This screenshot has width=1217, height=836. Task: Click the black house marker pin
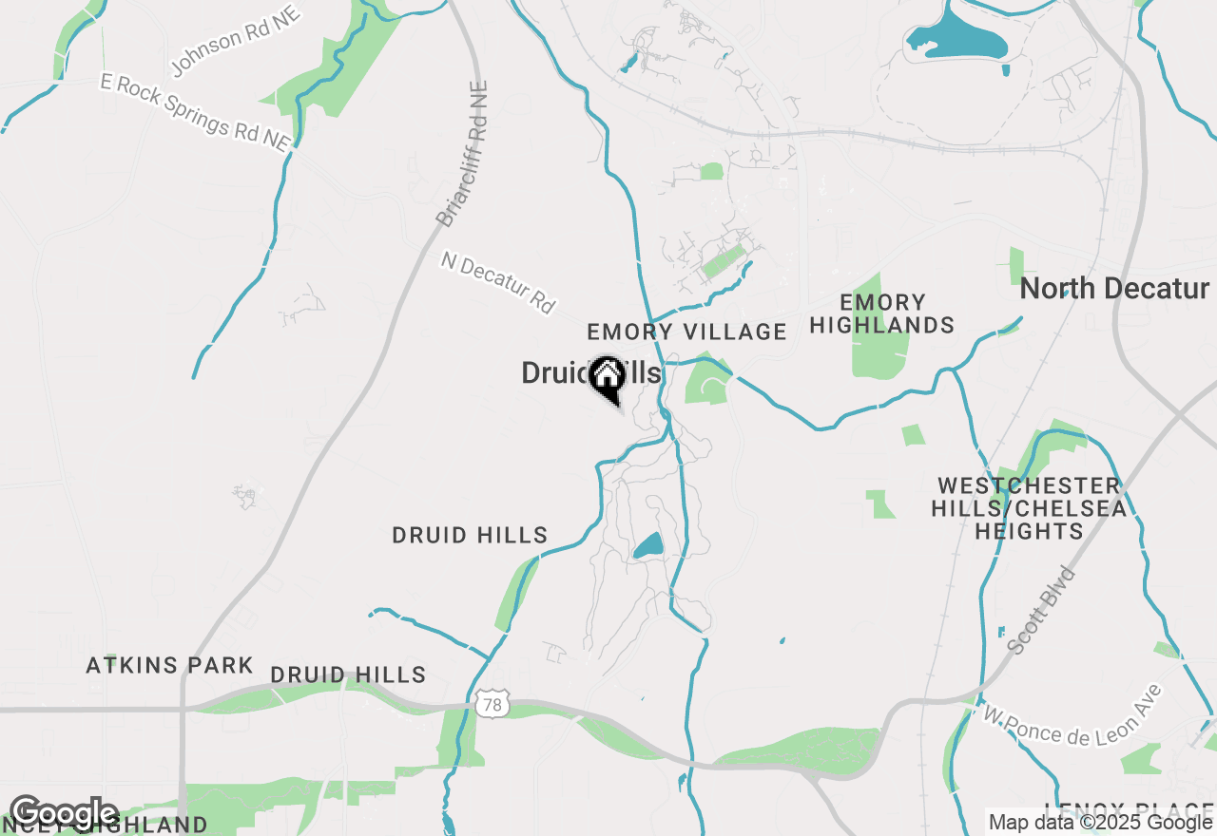(607, 378)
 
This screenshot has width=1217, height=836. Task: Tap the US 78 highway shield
(490, 704)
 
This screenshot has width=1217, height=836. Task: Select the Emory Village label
(686, 332)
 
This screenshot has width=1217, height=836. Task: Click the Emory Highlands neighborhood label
(882, 313)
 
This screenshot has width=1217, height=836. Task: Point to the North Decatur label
(1114, 289)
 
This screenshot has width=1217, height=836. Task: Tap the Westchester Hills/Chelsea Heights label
(1029, 508)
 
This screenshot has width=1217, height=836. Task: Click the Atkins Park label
(170, 665)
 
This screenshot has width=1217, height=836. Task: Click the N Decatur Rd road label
(497, 282)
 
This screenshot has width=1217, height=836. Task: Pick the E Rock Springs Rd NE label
(195, 110)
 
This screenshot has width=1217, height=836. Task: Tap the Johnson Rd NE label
(236, 41)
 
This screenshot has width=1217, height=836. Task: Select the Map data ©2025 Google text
(1100, 822)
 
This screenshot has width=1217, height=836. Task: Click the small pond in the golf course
(648, 546)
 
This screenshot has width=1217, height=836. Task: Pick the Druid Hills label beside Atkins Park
(348, 675)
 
